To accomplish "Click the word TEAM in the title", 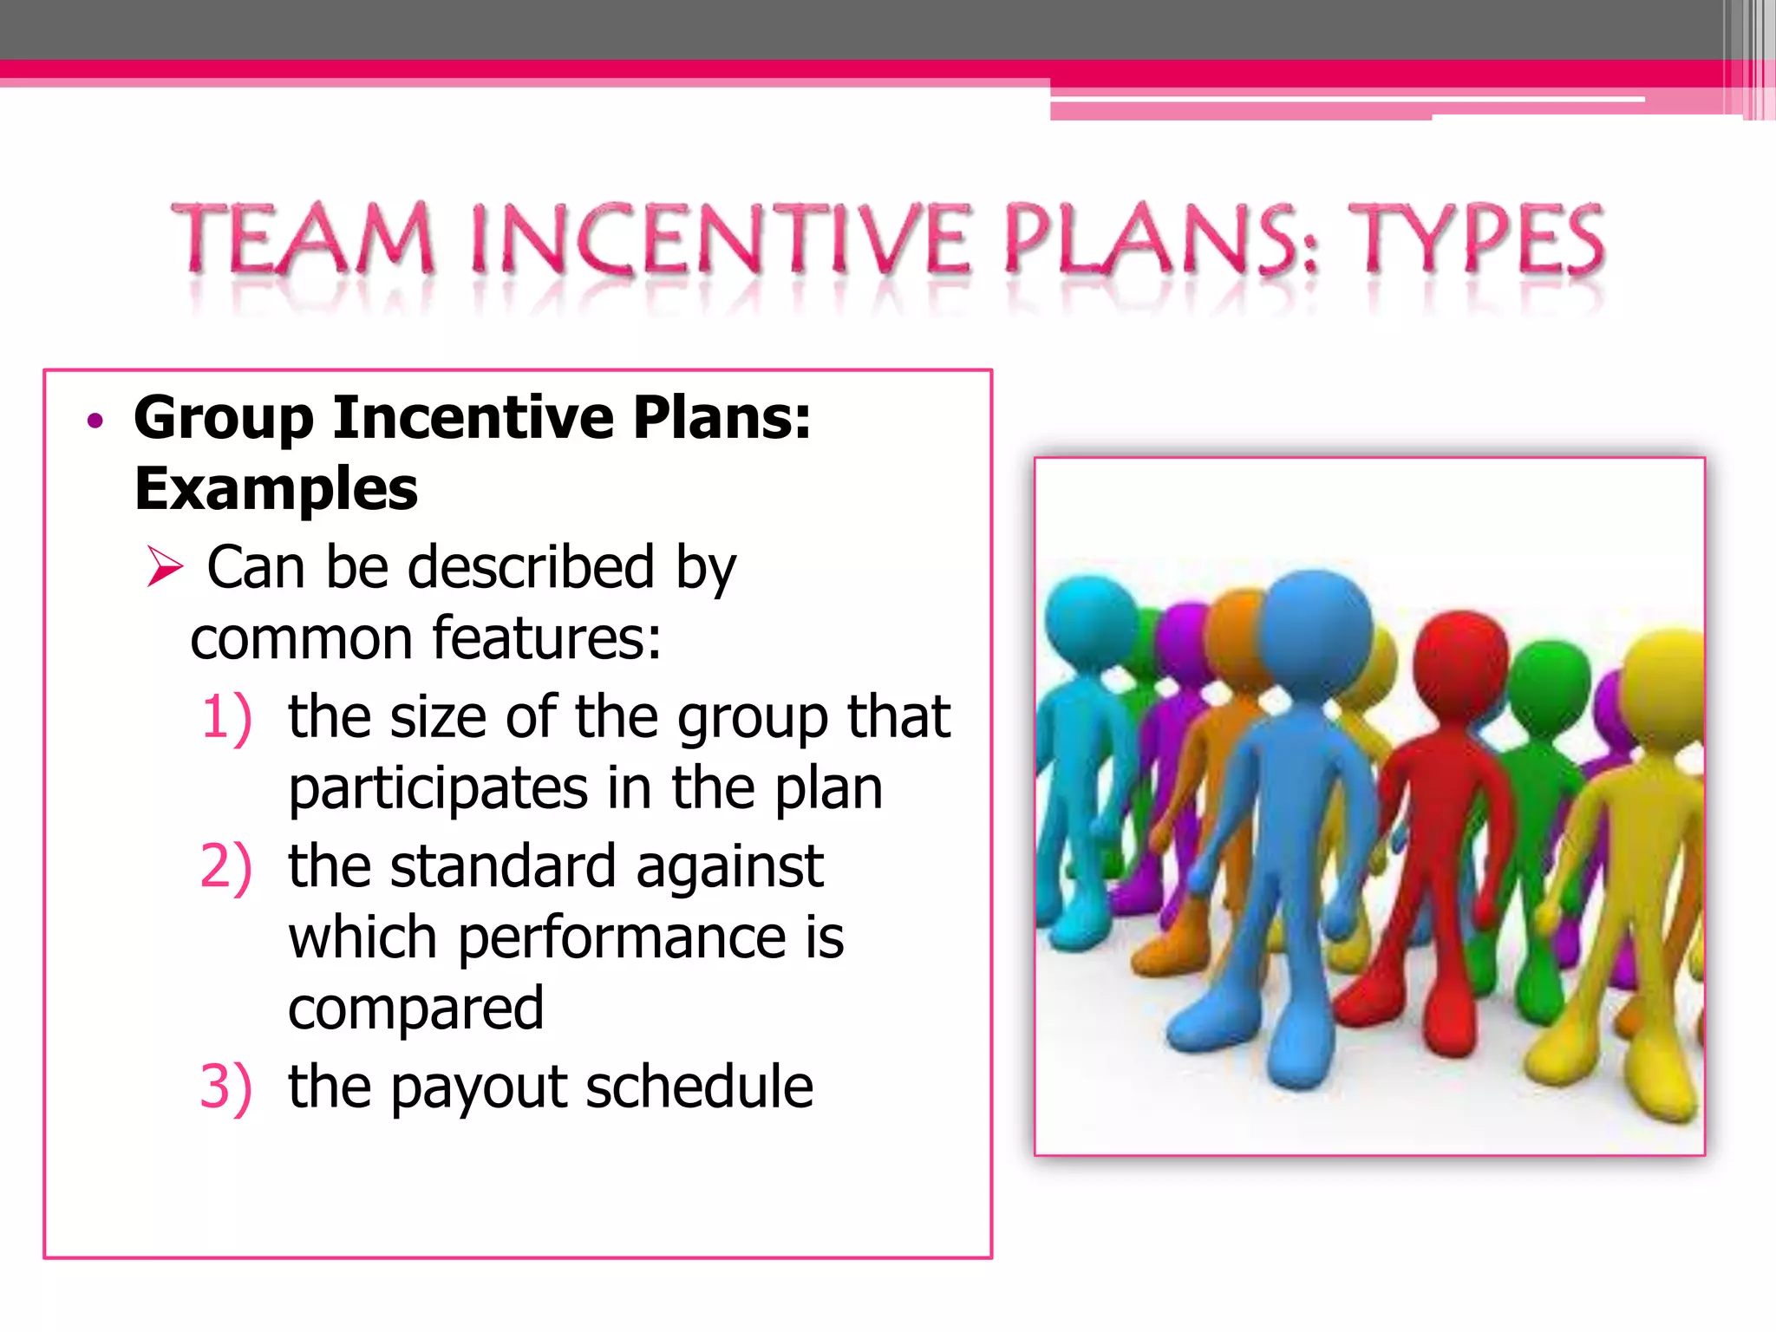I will (304, 238).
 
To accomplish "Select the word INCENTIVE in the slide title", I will (721, 238).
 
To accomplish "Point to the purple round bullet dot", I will (95, 421).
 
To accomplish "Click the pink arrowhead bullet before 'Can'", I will (164, 567).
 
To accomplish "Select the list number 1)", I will (226, 718).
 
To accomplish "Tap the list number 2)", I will (225, 866).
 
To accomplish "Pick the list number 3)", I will (225, 1087).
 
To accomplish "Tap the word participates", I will (438, 790).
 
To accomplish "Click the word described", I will (530, 568).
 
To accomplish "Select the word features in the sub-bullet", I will (546, 639).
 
